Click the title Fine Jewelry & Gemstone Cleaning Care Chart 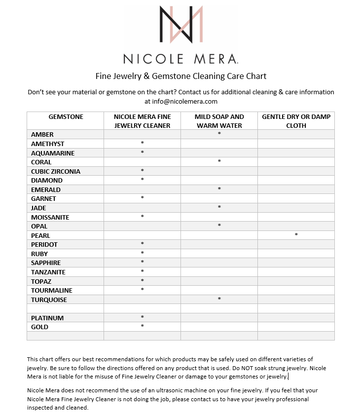point(180,76)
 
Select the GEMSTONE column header point(66,117)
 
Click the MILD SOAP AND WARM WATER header point(219,121)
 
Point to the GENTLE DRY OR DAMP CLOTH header point(296,121)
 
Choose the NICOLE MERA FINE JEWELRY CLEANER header point(142,121)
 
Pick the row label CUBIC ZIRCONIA point(56,171)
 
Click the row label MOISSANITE point(50,217)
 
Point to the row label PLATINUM point(47,318)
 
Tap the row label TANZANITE point(48,272)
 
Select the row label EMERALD point(46,190)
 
